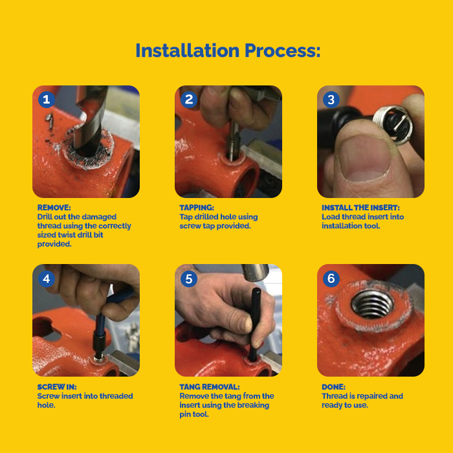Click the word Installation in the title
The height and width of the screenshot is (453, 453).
188,50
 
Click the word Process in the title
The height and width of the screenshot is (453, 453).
283,50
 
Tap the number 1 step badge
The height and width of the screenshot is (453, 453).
47,100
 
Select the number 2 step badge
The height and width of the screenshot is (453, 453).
189,100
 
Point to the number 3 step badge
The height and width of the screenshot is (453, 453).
331,100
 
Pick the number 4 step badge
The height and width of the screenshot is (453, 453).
47,279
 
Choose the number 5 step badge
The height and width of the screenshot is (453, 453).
189,279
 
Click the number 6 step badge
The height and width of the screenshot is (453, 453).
331,279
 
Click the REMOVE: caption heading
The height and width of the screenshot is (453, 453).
54,208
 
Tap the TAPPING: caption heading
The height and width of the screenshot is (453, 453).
197,208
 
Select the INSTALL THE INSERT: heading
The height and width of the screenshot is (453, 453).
361,208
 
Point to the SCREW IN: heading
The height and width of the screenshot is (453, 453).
57,387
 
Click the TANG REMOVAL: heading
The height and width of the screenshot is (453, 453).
210,387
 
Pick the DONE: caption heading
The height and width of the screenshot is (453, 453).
334,387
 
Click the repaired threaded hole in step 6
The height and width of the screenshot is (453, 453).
372,305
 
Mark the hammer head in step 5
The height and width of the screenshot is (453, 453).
255,272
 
